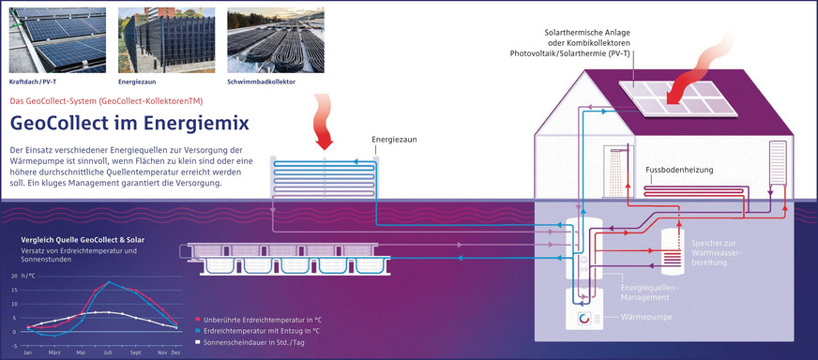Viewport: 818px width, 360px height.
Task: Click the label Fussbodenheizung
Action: point(680,171)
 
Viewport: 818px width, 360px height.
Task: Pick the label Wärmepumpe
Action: point(644,317)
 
